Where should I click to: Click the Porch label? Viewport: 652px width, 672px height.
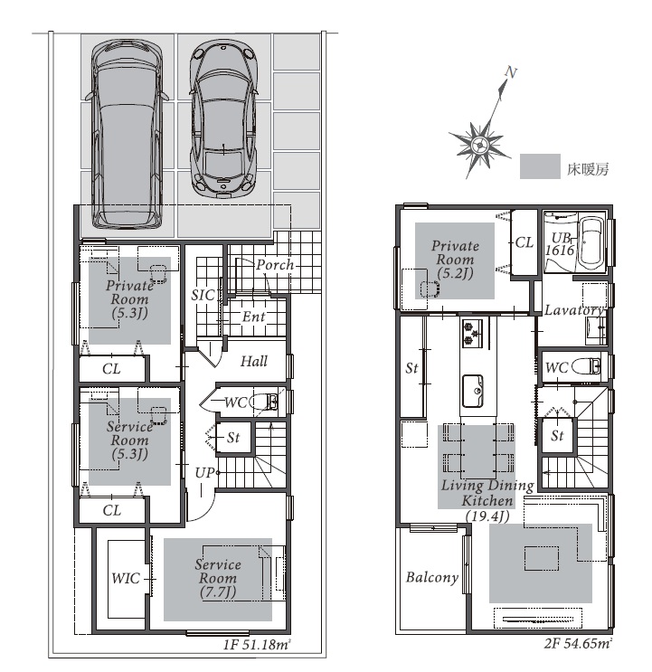pos(275,265)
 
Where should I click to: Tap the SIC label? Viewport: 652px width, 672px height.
pos(203,295)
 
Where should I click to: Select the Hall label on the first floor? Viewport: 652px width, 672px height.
pos(253,361)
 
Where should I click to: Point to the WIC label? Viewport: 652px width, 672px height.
pos(126,578)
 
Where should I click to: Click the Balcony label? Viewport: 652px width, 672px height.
pos(432,578)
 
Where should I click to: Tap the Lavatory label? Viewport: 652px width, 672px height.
pos(573,310)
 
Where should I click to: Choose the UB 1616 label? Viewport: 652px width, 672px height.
pos(560,244)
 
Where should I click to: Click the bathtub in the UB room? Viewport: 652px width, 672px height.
pos(591,242)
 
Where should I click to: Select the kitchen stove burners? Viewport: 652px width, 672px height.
pos(472,333)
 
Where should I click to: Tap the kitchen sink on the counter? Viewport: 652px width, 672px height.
pos(473,391)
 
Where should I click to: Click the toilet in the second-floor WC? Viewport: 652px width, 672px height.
pos(586,367)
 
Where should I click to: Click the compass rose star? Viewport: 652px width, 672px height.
pos(478,145)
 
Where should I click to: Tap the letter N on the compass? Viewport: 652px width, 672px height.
pos(511,73)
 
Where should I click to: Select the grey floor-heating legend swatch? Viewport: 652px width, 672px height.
pos(540,166)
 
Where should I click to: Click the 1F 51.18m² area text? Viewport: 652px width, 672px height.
pos(257,645)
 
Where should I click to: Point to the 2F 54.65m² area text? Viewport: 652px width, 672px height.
pos(578,643)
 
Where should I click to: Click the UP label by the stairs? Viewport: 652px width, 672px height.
pos(203,473)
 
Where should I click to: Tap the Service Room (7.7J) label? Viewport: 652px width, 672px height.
pos(218,578)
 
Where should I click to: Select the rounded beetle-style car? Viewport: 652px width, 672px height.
pos(223,118)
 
